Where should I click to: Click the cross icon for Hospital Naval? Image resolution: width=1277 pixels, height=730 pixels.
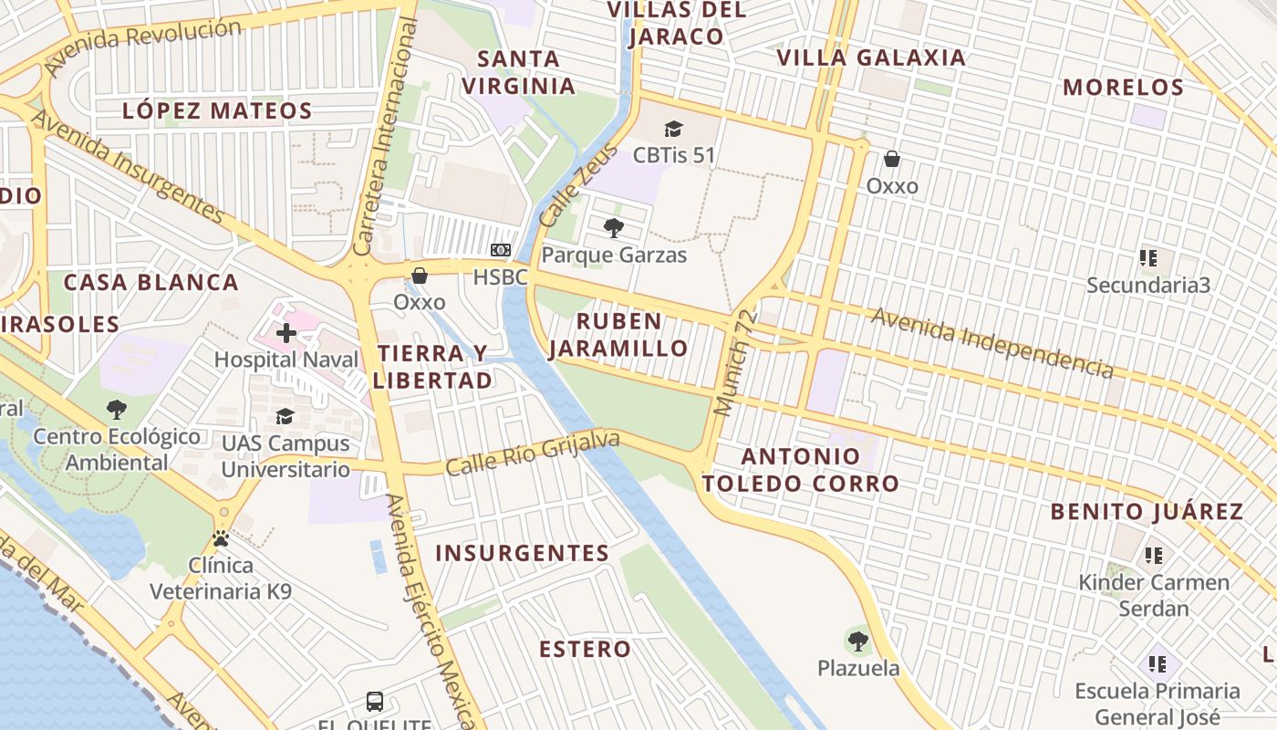tap(286, 333)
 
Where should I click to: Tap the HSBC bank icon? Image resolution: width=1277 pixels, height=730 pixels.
tap(501, 250)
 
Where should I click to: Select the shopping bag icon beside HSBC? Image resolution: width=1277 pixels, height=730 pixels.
tap(420, 276)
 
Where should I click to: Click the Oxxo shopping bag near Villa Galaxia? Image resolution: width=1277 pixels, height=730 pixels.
tap(892, 160)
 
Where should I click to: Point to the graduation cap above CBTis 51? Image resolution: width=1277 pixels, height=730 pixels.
tap(673, 130)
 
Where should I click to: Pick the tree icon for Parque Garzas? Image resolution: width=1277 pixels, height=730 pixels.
tap(614, 228)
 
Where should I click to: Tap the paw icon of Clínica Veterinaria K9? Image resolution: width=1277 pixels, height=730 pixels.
tap(221, 538)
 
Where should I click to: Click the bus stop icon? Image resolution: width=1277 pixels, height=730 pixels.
tap(375, 702)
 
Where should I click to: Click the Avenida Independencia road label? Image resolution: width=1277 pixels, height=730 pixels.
tap(991, 343)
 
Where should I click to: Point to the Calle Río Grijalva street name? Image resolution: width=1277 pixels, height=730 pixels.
tap(533, 454)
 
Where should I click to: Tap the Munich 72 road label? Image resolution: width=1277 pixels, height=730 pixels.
tap(736, 363)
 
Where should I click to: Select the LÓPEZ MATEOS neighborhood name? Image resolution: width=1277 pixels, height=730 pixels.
tap(217, 111)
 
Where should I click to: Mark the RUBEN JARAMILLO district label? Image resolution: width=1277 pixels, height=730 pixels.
tap(619, 335)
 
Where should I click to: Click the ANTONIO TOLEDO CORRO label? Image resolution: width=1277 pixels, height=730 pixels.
tap(800, 470)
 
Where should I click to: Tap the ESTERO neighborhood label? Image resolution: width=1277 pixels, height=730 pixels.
tap(585, 650)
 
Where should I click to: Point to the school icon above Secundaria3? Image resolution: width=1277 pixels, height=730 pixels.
tap(1148, 258)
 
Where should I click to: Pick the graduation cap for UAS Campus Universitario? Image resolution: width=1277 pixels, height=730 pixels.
tap(286, 417)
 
